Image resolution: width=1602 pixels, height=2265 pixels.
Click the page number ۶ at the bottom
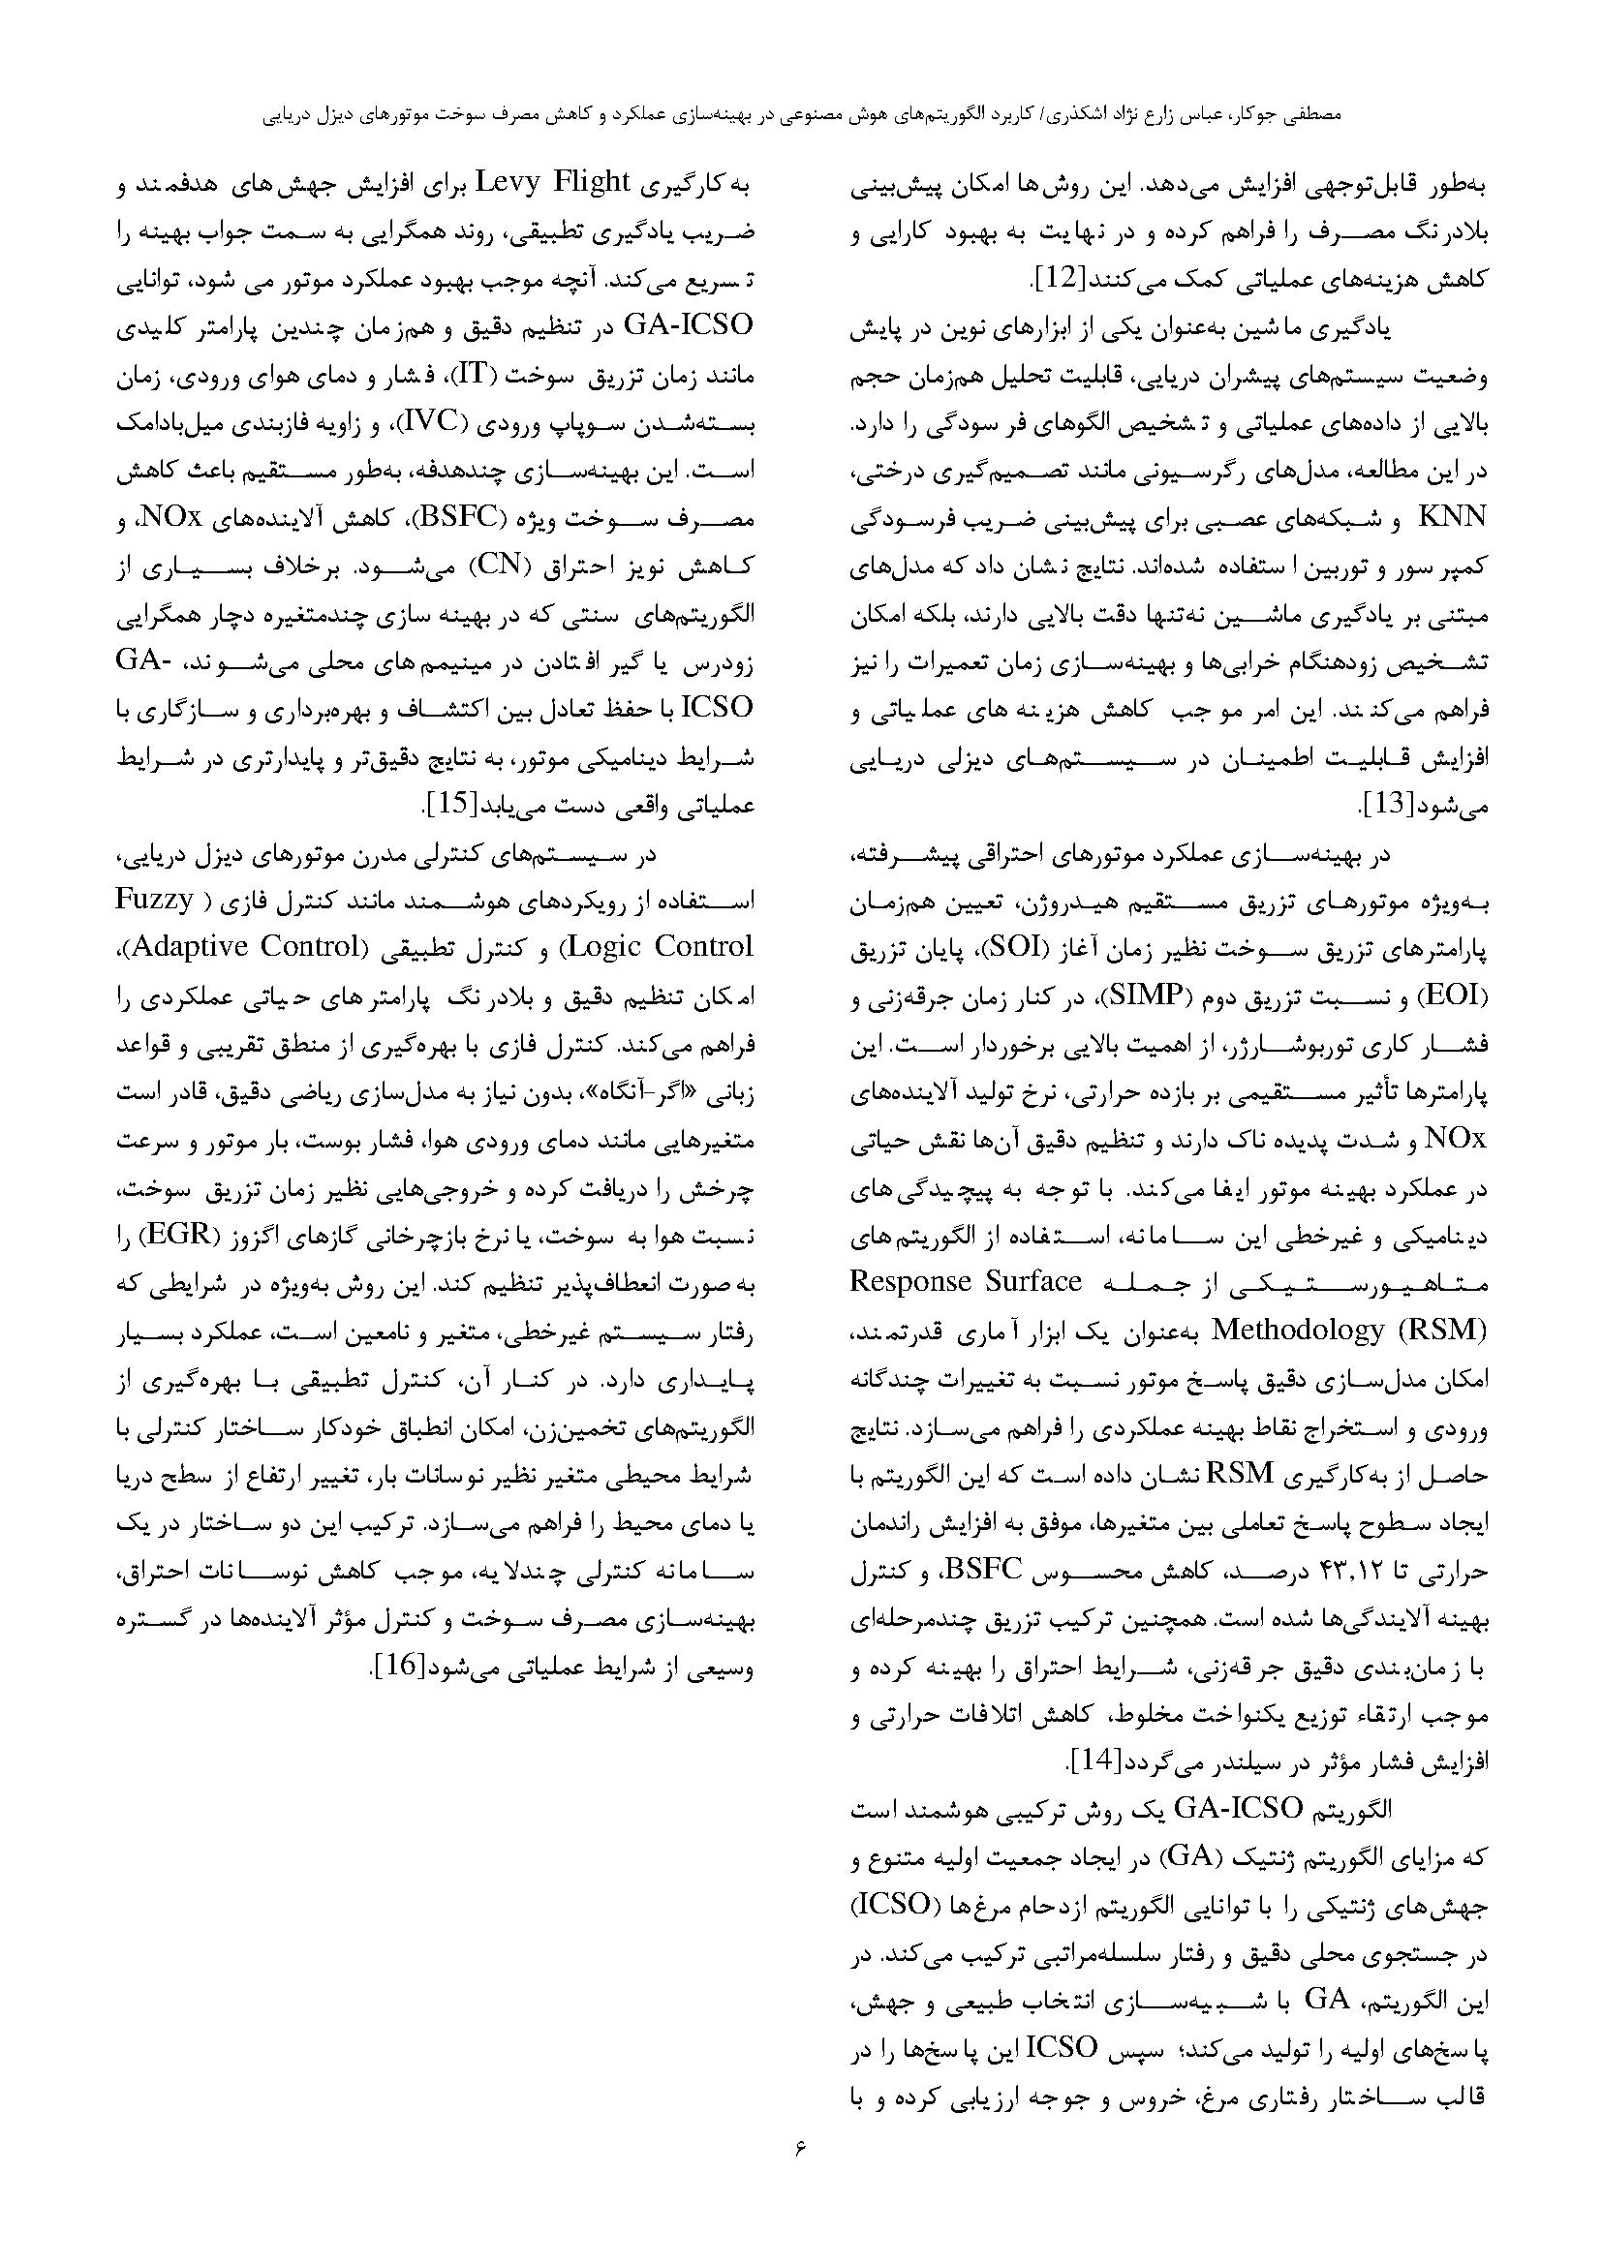(x=800, y=2199)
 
